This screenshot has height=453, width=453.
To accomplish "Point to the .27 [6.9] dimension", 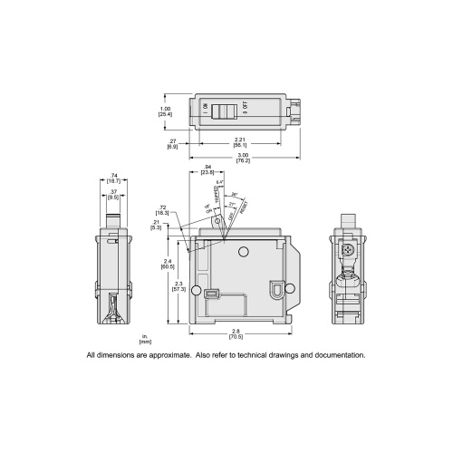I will tap(173, 142).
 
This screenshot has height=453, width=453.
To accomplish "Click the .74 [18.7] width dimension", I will tap(111, 181).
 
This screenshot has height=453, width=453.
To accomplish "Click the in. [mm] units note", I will tap(145, 341).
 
